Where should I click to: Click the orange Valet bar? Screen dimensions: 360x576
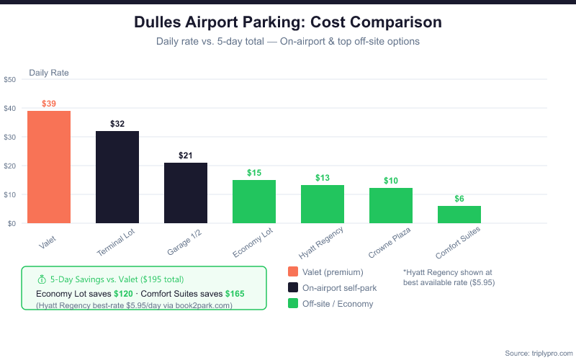[49, 167]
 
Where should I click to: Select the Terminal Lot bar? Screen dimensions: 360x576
[117, 177]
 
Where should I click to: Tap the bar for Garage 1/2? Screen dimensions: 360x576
[186, 193]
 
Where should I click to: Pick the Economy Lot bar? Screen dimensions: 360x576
[254, 202]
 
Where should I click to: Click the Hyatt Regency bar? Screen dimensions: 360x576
[323, 204]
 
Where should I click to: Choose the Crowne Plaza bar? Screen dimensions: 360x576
[391, 206]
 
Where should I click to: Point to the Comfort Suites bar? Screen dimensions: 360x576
[459, 215]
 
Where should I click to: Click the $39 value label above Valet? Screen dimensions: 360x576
[49, 104]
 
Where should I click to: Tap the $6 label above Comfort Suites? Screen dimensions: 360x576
[459, 199]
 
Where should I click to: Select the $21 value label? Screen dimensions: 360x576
[186, 156]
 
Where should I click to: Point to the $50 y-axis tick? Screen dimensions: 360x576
[10, 80]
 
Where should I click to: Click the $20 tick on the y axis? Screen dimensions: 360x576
[10, 166]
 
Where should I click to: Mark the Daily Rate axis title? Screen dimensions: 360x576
[49, 73]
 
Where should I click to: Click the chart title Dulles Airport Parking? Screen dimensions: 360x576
[288, 22]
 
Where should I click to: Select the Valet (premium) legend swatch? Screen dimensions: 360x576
[293, 272]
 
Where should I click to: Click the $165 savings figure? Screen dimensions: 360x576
[235, 294]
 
